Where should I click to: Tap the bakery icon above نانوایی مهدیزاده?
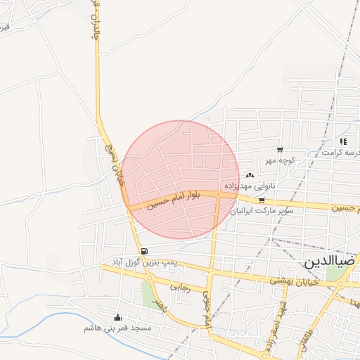point(250,175)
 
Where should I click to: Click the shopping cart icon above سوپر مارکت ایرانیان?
point(262,200)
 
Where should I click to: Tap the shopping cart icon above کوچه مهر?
point(280,150)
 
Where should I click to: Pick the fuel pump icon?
point(144,251)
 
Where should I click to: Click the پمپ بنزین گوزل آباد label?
point(139,261)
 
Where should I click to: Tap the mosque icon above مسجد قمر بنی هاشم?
point(117,318)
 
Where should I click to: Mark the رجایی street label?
point(181,287)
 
